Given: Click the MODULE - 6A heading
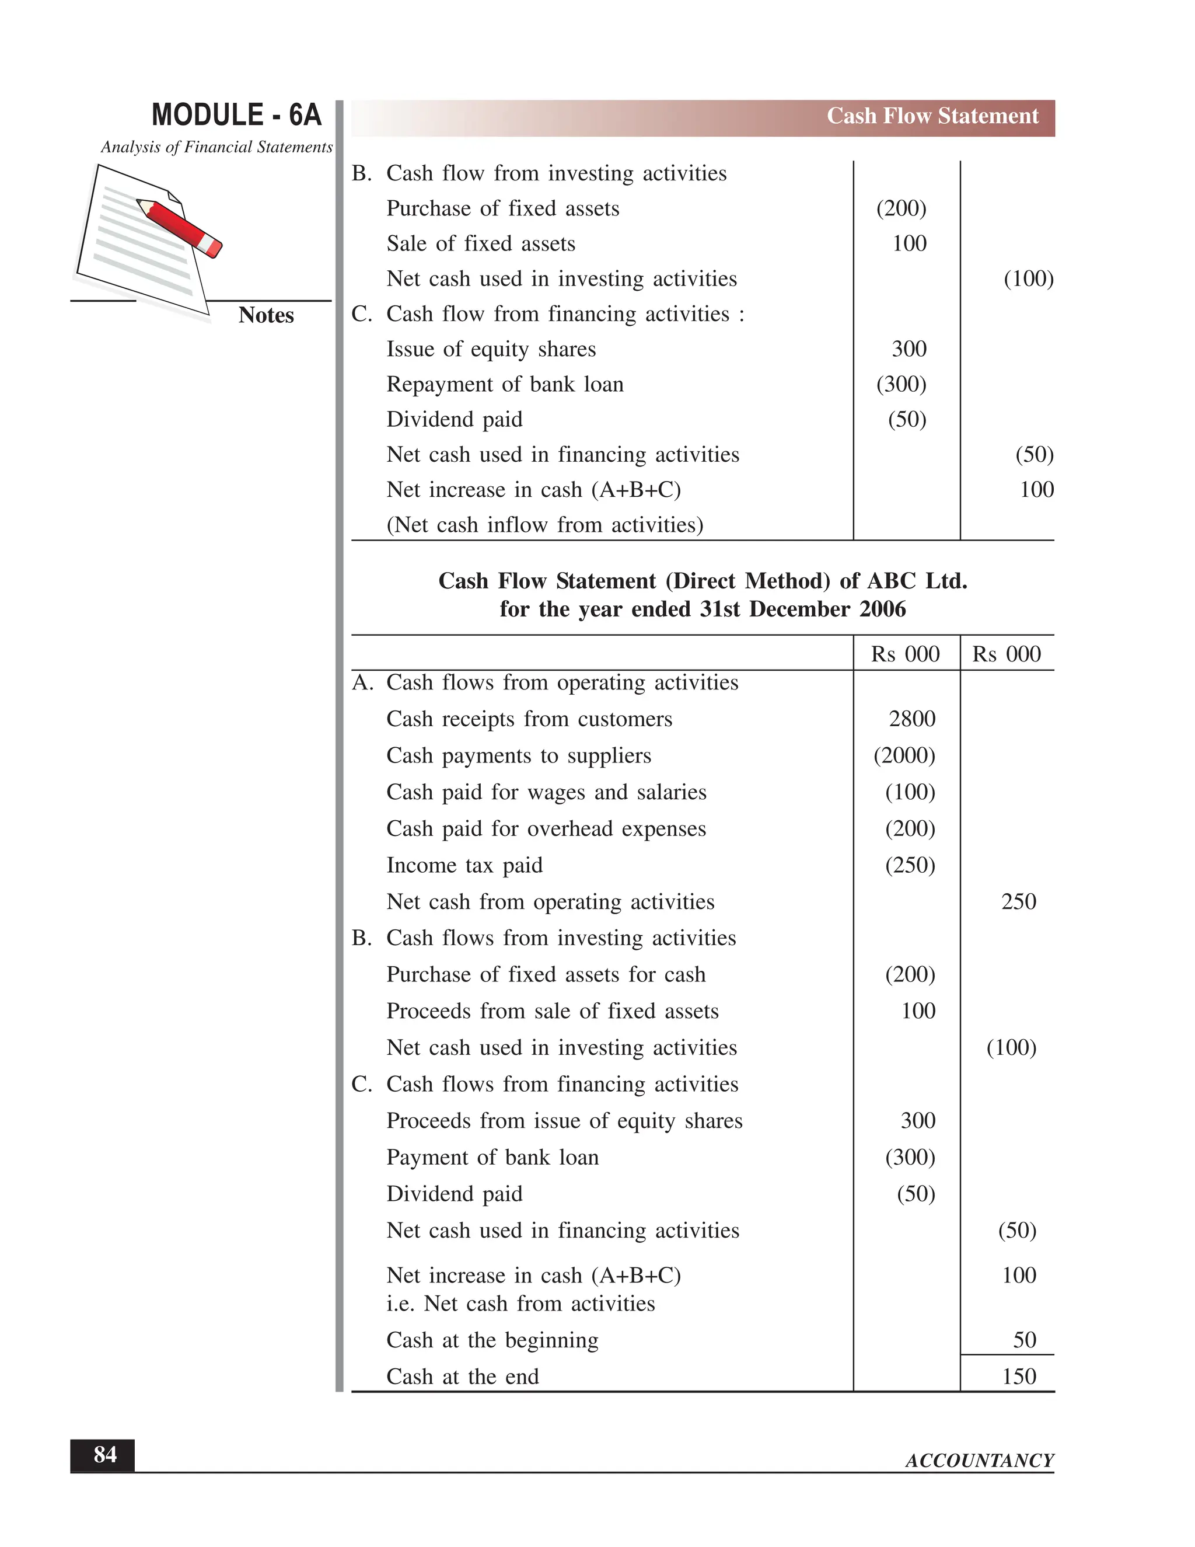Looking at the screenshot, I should coord(236,115).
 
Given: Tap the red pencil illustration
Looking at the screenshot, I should coord(180,227).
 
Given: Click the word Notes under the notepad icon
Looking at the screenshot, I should coord(265,315).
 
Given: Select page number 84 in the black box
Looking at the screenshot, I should coord(105,1455).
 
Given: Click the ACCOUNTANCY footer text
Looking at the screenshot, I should coord(979,1461).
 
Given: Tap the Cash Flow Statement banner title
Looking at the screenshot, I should coord(932,116).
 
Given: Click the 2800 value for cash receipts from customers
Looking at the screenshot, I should coord(912,719).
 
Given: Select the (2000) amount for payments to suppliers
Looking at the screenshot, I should coord(904,756).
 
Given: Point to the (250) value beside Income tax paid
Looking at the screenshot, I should coord(910,865).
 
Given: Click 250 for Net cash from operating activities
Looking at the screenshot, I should coord(1018,902).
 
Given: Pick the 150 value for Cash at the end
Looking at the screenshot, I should coord(1018,1377).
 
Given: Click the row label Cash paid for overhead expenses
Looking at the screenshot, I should coord(546,829).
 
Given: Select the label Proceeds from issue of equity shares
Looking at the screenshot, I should coord(564,1121).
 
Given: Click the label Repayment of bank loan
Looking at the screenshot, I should coord(505,385).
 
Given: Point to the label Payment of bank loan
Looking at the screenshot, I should coord(492,1158).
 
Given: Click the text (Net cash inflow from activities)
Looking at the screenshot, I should coord(544,525).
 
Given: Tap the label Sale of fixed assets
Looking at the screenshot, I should coord(481,243).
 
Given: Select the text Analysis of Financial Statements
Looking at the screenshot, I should coord(216,147).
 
